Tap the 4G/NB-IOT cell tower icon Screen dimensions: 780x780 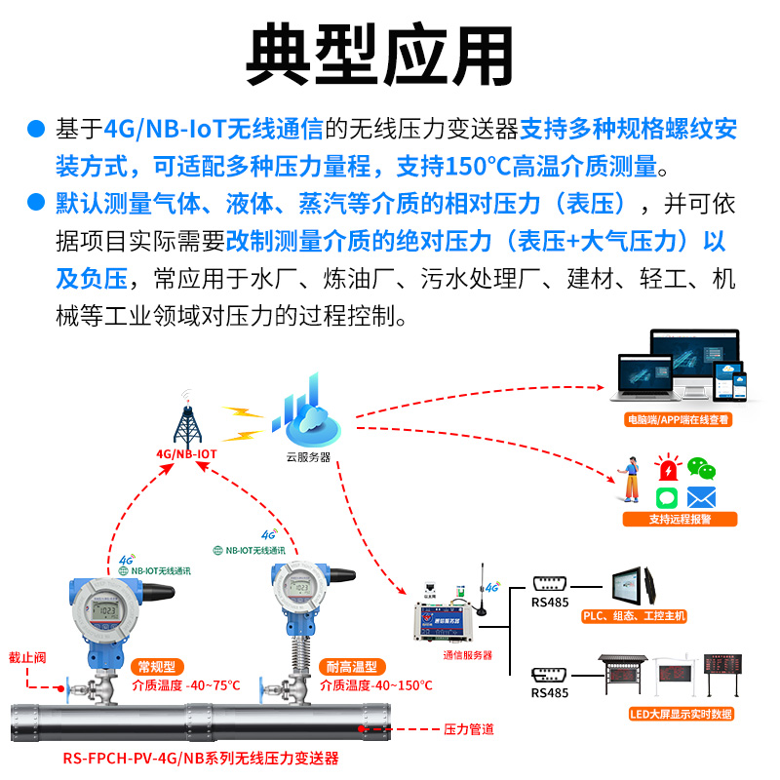[x=185, y=419]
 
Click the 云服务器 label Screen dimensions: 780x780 [x=308, y=456]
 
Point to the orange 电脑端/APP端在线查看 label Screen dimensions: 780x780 [x=679, y=421]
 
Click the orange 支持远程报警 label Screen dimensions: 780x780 [x=680, y=519]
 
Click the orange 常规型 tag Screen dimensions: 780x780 [x=157, y=667]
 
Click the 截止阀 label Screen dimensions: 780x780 [x=26, y=656]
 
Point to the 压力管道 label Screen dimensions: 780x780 [x=469, y=729]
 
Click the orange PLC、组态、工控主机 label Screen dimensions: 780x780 [x=634, y=616]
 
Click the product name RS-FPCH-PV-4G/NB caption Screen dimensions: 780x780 [x=201, y=758]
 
